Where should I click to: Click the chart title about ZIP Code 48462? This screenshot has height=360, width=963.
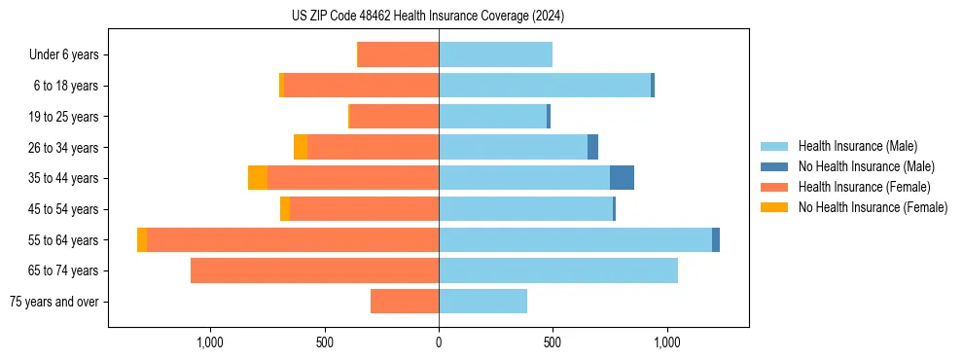point(428,17)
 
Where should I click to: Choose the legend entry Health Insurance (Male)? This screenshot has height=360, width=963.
point(857,146)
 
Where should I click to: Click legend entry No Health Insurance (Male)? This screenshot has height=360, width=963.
point(866,166)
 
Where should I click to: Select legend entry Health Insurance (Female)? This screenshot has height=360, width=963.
point(864,187)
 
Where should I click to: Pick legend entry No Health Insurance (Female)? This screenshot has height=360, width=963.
point(873,207)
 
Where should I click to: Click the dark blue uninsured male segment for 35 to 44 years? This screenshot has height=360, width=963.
point(622,178)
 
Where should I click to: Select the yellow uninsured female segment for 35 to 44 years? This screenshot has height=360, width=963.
point(258,178)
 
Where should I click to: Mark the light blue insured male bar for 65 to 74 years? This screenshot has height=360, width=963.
point(558,270)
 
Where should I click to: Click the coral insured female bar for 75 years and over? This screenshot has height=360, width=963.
point(405,302)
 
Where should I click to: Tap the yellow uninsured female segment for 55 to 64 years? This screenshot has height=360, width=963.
point(142,240)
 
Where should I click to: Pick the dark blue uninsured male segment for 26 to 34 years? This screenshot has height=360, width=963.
point(592,148)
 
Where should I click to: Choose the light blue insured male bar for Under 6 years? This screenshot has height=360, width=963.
point(495,55)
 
